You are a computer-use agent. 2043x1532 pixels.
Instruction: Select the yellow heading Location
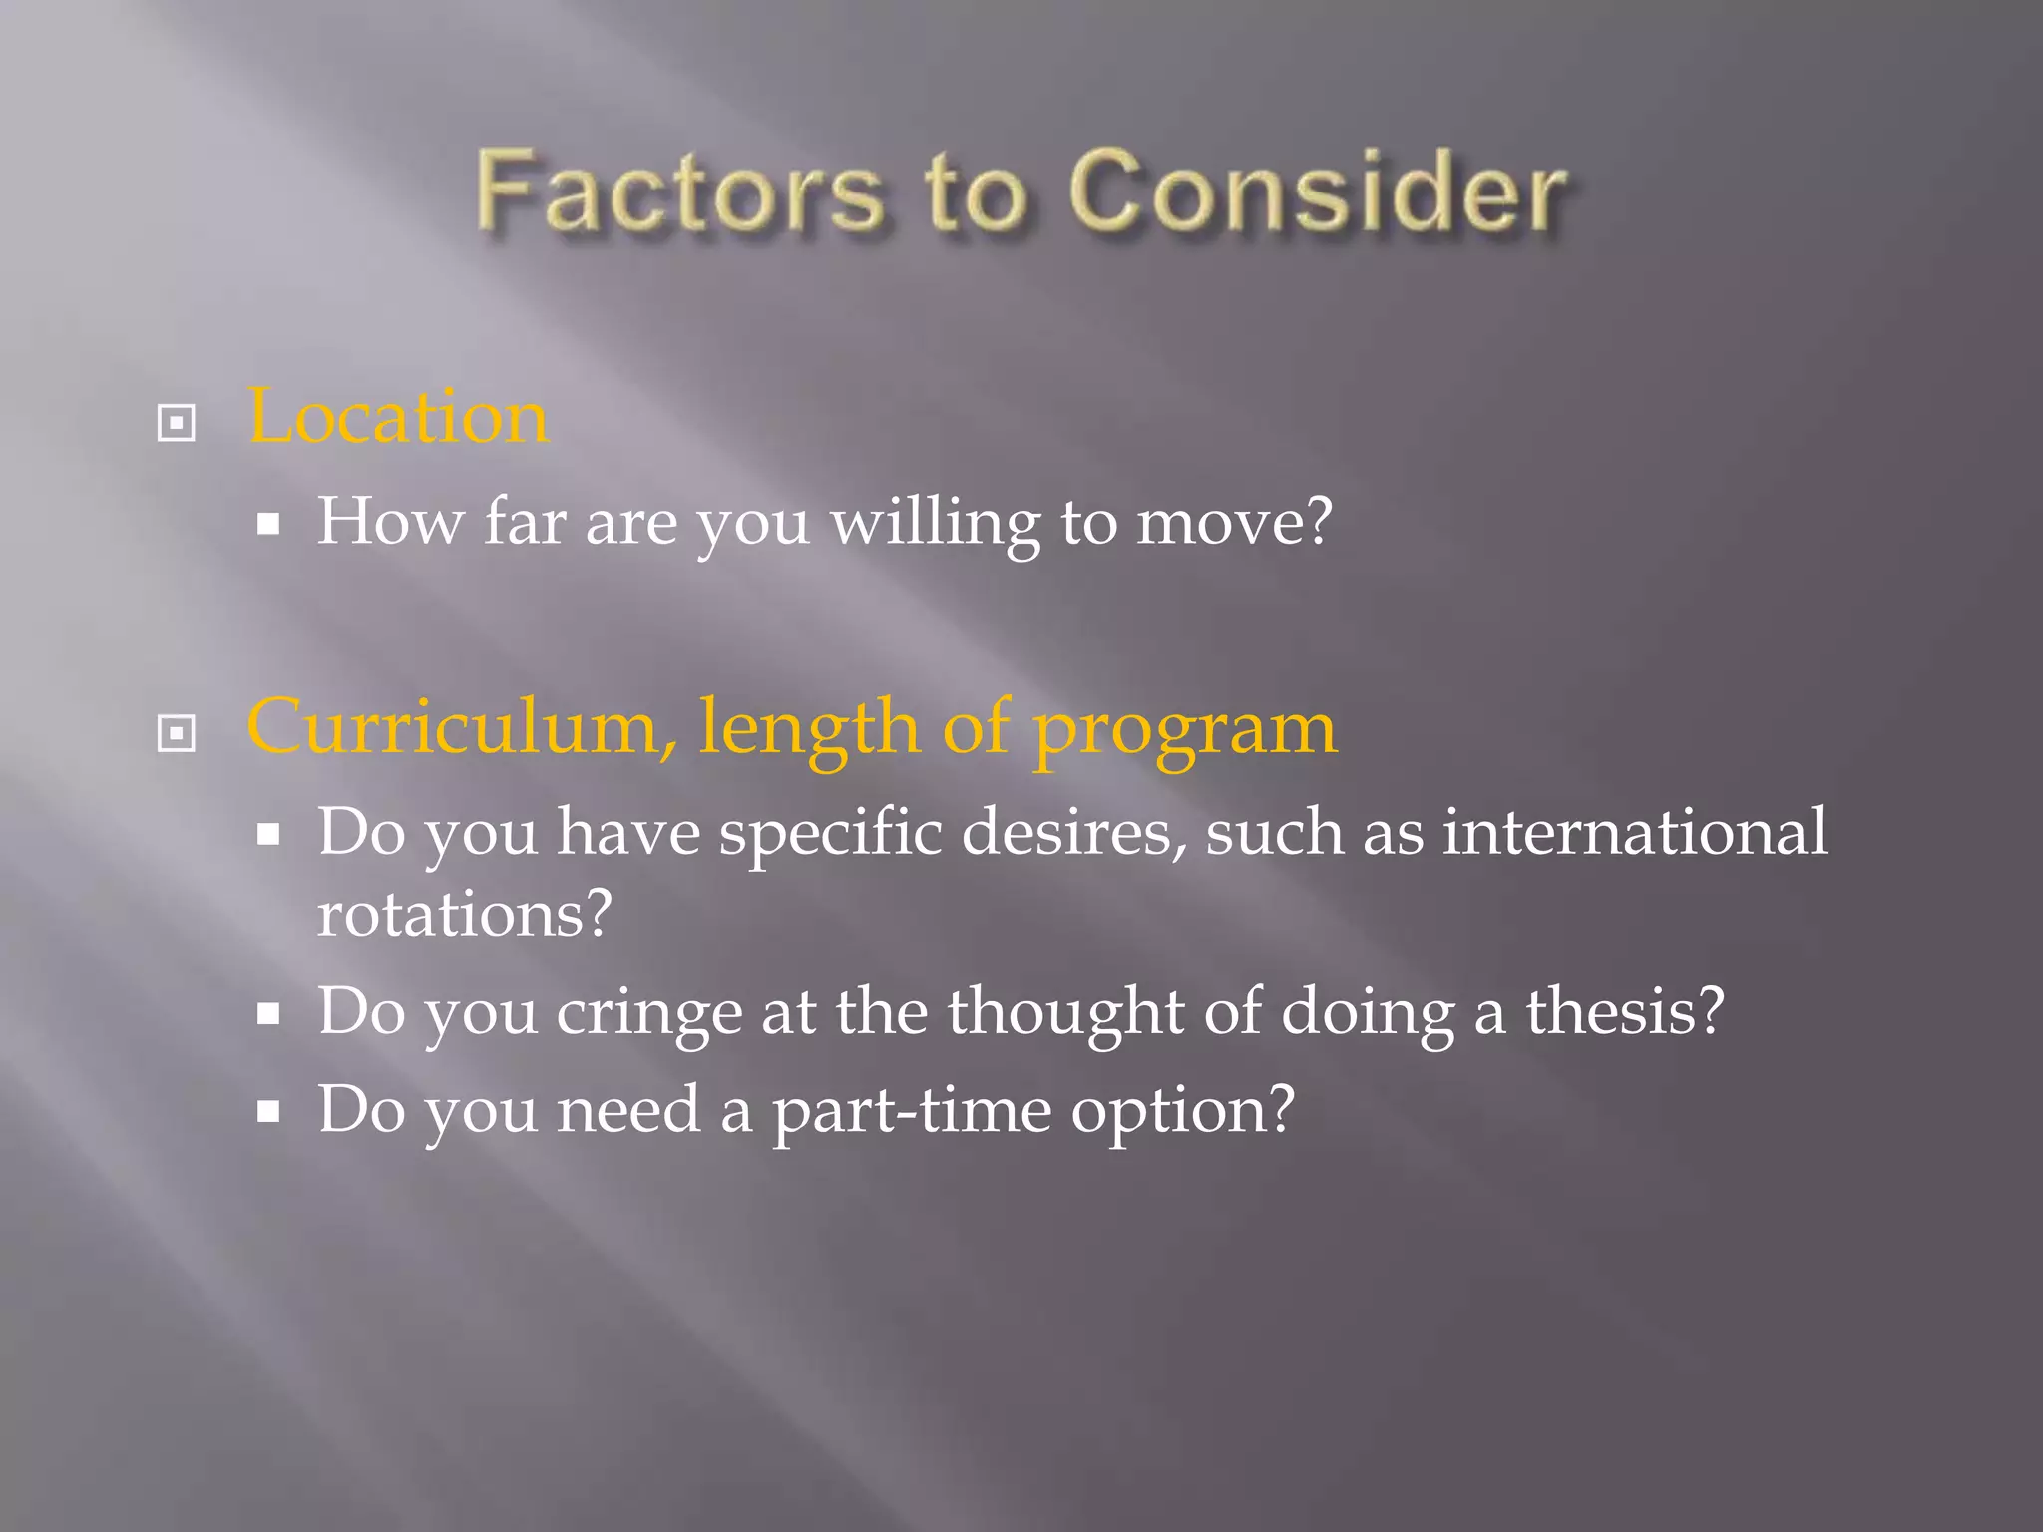(397, 417)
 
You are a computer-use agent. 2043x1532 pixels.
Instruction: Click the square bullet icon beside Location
(177, 423)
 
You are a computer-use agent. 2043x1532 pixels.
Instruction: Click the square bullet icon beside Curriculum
(177, 734)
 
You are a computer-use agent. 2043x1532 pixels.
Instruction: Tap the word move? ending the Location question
(1234, 523)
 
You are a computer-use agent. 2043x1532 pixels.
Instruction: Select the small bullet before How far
(267, 524)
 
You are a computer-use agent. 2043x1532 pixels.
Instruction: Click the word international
(1635, 832)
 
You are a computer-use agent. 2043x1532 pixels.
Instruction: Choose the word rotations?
(464, 914)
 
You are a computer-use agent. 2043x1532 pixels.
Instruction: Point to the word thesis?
(1625, 1012)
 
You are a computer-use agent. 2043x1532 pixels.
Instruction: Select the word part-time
(912, 1111)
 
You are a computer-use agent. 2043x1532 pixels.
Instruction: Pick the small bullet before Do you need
(267, 1111)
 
